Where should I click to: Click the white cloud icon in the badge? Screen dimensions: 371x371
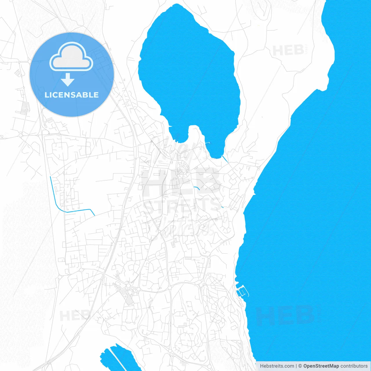tap(71, 57)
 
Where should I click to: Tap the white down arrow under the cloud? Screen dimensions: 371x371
tap(68, 80)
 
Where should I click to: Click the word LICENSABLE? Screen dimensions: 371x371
tap(72, 95)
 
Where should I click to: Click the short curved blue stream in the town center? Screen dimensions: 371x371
tap(197, 188)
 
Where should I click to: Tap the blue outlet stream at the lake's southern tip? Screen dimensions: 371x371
tap(225, 159)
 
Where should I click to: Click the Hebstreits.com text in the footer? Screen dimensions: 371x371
tap(277, 366)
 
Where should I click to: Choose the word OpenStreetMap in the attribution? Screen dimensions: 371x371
tap(321, 366)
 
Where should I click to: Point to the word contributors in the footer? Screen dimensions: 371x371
tap(354, 366)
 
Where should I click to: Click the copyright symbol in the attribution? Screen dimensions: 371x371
tap(300, 366)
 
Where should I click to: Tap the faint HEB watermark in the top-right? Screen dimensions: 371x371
tap(288, 51)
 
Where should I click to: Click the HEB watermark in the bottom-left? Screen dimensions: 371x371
tap(74, 315)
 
